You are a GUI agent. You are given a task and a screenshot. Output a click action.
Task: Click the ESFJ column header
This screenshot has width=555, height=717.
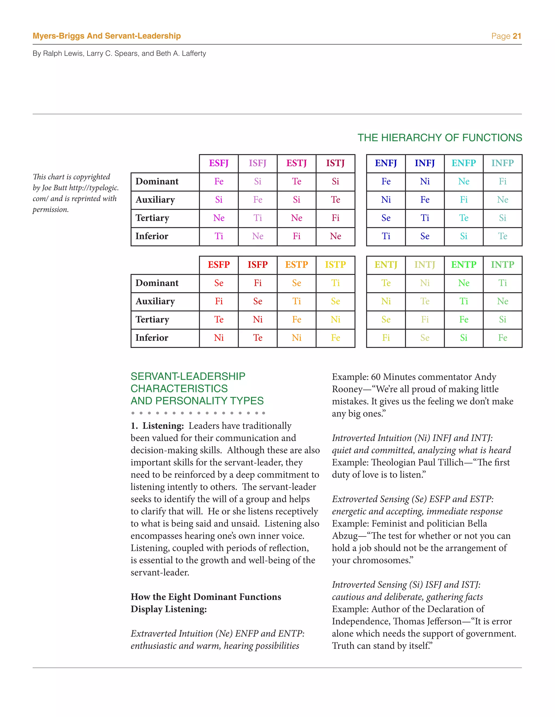(x=219, y=163)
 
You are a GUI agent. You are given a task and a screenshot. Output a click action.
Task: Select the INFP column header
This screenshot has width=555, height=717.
(x=502, y=163)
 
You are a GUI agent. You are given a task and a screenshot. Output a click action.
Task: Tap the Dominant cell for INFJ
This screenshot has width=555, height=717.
(x=425, y=182)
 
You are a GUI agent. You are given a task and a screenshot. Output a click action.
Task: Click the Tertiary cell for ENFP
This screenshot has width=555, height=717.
(x=464, y=218)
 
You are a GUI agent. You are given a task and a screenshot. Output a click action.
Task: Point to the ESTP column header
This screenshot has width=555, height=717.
(x=296, y=265)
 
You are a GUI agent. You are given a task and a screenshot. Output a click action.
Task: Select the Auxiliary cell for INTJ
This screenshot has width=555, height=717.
(x=425, y=301)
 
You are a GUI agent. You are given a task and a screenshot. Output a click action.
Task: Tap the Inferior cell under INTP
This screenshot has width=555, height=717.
(x=502, y=338)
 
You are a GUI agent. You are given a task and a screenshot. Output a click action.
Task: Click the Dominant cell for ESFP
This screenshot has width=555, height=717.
(x=219, y=283)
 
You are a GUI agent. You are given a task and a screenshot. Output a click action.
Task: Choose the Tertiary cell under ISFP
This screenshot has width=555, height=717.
(x=258, y=320)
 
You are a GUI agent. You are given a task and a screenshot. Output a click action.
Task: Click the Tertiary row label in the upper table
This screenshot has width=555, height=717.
(x=152, y=218)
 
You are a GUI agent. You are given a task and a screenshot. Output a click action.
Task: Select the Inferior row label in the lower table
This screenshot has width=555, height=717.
(x=151, y=338)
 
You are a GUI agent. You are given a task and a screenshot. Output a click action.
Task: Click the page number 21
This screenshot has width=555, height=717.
(x=517, y=36)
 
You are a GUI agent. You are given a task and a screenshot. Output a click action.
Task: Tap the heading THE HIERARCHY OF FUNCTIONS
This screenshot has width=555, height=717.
(x=440, y=138)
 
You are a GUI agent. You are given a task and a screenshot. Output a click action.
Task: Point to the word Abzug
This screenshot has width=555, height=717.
(x=345, y=536)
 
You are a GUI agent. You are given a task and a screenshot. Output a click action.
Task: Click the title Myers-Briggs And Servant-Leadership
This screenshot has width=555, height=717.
(x=107, y=36)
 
